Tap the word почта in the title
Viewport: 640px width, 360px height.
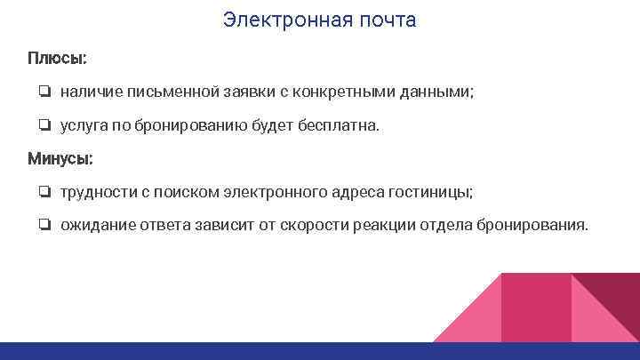pyautogui.click(x=381, y=20)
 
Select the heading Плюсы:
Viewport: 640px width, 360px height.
pyautogui.click(x=58, y=58)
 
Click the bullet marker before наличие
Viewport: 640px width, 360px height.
pyautogui.click(x=44, y=92)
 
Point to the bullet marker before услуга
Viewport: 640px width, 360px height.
pyautogui.click(x=44, y=126)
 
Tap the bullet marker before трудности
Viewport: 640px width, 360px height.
pyautogui.click(x=44, y=193)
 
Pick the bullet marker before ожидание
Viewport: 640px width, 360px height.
pyautogui.click(x=44, y=226)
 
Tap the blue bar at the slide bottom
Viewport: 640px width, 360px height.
pyautogui.click(x=320, y=351)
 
